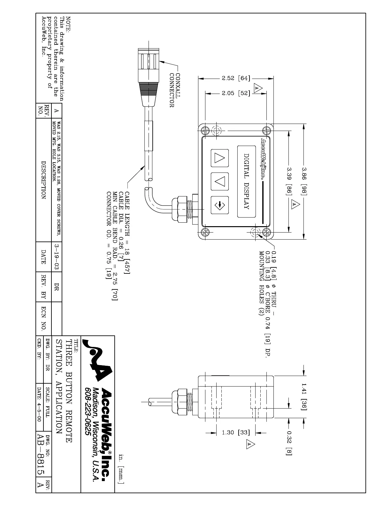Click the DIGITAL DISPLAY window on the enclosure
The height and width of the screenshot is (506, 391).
click(x=246, y=181)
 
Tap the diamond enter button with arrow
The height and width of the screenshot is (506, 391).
click(x=220, y=205)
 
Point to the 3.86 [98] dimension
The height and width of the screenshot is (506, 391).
click(x=303, y=181)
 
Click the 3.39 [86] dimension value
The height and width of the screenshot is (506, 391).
click(x=289, y=181)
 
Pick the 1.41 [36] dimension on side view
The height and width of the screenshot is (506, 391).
click(x=303, y=396)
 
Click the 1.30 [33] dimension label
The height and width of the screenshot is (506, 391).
click(x=236, y=433)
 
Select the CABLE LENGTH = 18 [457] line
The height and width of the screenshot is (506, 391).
click(x=127, y=233)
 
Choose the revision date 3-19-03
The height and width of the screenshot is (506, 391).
click(x=57, y=257)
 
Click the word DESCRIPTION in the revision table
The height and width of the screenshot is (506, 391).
click(x=44, y=180)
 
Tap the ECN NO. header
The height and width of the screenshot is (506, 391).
click(x=44, y=318)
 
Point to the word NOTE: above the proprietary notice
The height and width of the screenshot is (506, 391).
click(x=68, y=23)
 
